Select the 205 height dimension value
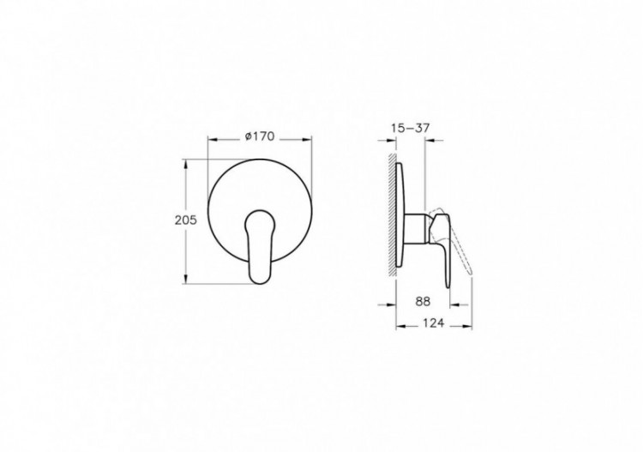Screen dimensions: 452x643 186,220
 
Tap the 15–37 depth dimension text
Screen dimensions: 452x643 409,128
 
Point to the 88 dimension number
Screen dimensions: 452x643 422,301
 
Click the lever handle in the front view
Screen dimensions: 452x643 257,245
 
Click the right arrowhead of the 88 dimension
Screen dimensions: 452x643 448,302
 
